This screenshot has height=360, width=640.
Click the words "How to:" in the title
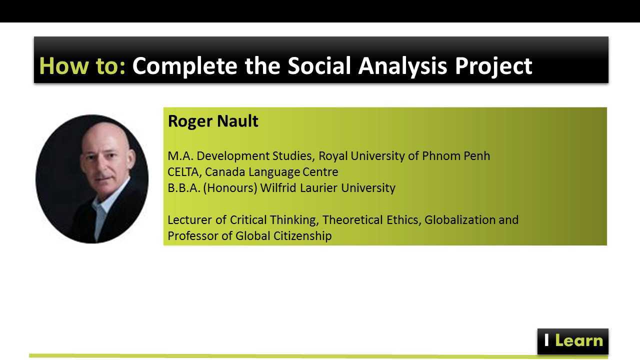pos(82,66)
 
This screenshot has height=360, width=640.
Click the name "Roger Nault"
pos(213,121)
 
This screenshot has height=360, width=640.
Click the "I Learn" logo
pos(573,341)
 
